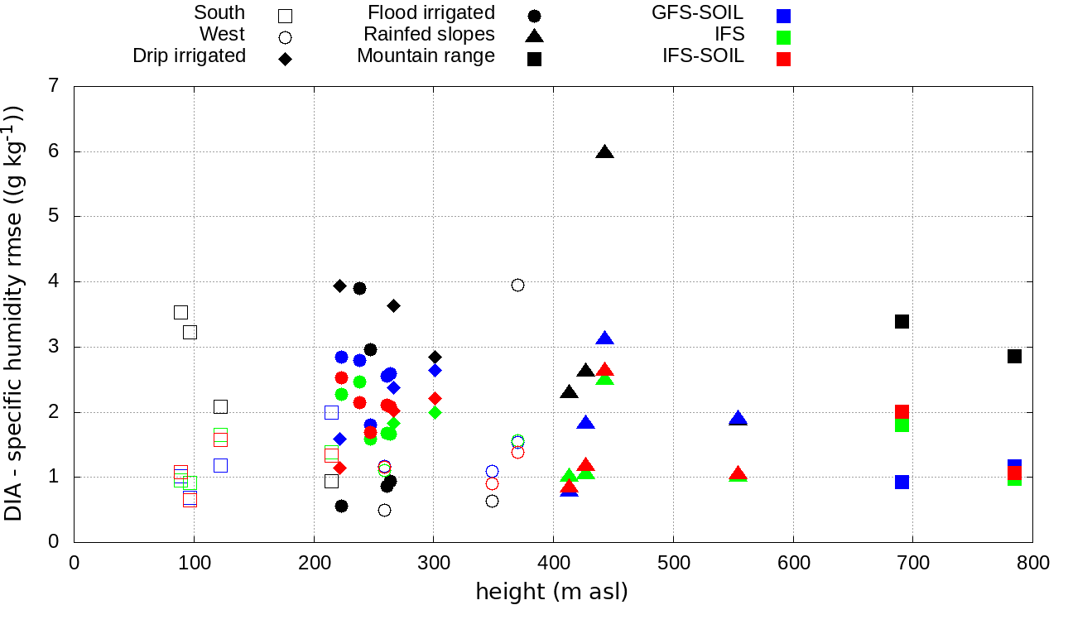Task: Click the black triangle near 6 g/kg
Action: click(x=604, y=152)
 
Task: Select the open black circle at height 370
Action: click(x=517, y=285)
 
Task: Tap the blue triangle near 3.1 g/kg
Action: click(x=604, y=339)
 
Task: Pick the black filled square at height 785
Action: click(x=1014, y=356)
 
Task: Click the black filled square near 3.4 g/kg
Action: click(x=902, y=321)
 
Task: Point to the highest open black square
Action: click(x=180, y=312)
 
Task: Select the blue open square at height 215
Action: click(x=332, y=412)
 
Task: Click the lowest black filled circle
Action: click(x=341, y=506)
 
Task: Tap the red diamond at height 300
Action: click(x=435, y=398)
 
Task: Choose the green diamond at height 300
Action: click(x=435, y=412)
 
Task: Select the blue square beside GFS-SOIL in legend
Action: click(x=783, y=16)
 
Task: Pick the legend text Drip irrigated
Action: click(x=189, y=55)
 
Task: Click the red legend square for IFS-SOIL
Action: click(x=783, y=59)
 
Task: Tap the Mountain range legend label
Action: click(x=426, y=55)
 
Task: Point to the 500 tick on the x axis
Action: click(x=673, y=564)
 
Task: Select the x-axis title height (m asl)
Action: click(x=551, y=592)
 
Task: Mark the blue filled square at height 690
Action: click(x=902, y=482)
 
